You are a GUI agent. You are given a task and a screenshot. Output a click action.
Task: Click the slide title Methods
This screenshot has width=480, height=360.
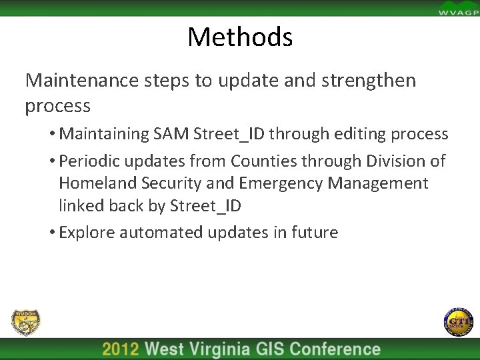(240, 37)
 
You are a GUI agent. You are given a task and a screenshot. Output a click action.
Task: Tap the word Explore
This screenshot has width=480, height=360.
(87, 232)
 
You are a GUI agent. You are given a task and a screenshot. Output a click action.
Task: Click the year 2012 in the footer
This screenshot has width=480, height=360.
(121, 349)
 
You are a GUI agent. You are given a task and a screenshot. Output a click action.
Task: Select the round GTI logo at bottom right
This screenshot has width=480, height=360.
(457, 322)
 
